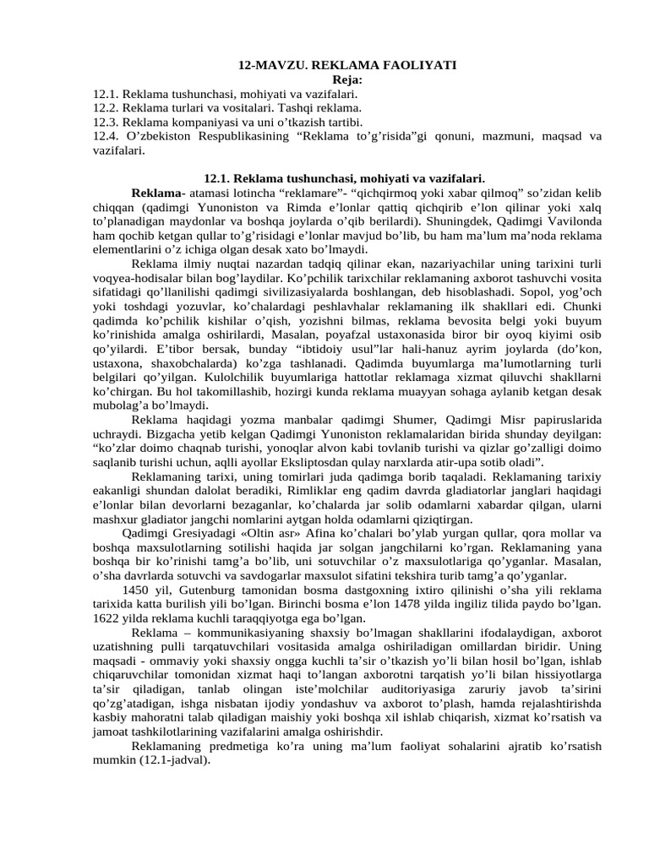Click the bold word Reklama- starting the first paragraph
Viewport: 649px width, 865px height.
pyautogui.click(x=158, y=193)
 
